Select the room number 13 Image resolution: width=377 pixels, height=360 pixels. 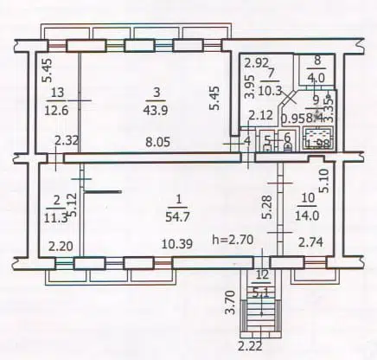(57, 92)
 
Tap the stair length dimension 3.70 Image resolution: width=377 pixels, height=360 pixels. (231, 303)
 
